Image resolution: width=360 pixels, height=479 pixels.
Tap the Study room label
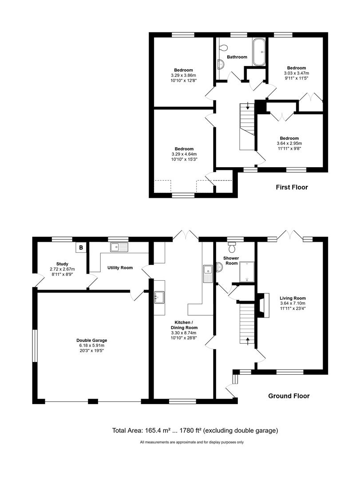(x=62, y=264)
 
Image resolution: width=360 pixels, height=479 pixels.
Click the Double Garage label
(x=91, y=341)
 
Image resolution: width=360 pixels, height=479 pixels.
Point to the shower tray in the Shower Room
(x=245, y=272)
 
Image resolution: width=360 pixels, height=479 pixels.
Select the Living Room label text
(x=293, y=298)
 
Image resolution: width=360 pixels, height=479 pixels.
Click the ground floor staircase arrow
(x=247, y=341)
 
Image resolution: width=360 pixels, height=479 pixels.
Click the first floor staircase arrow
(x=248, y=107)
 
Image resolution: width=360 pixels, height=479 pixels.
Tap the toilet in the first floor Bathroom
(x=223, y=48)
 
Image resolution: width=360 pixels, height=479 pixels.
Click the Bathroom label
(x=237, y=57)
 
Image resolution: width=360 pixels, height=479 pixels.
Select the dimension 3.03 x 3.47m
(x=297, y=73)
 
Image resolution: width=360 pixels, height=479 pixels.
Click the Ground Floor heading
(x=289, y=396)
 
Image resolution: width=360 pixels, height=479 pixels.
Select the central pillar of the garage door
(x=93, y=401)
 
